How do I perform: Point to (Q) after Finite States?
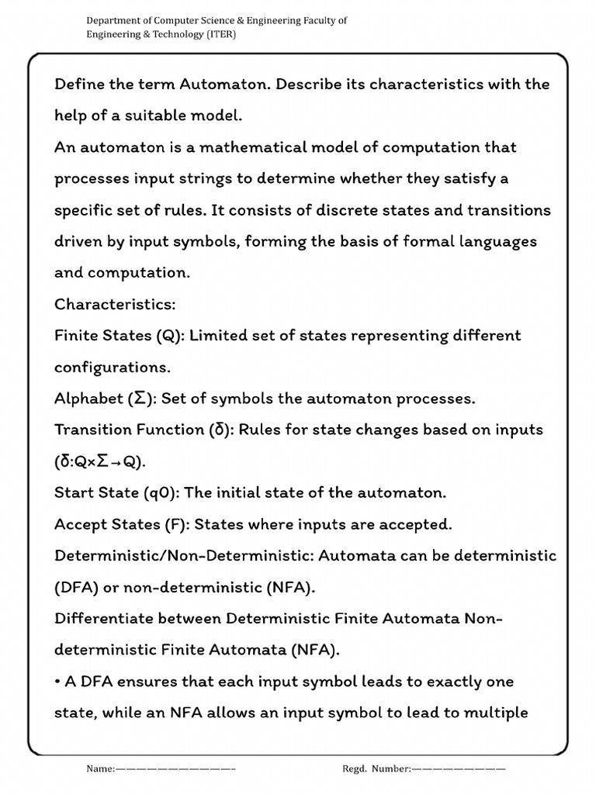[169, 336]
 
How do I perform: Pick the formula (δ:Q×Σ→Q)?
[100, 461]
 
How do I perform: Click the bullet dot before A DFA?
[57, 682]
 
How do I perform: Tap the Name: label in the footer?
[100, 768]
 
